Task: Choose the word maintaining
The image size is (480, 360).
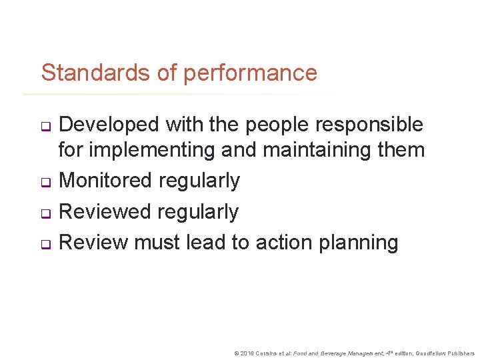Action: [309, 150]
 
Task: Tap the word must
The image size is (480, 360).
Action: [158, 243]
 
